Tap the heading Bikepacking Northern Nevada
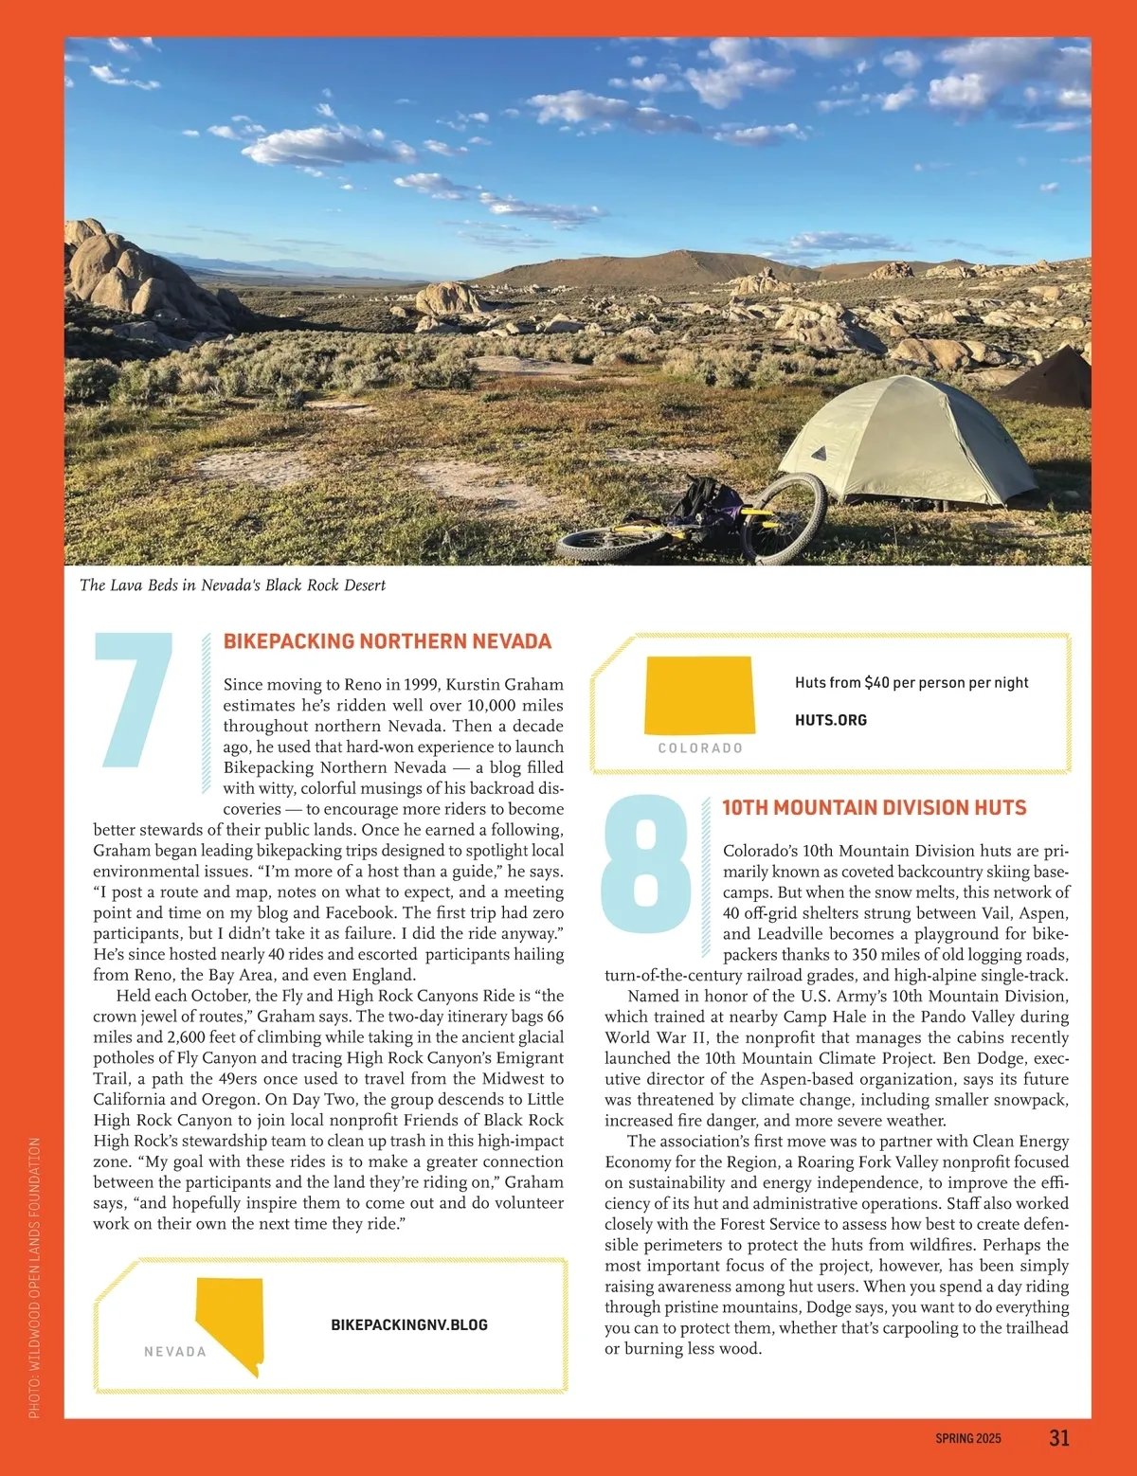[387, 641]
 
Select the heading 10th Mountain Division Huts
[874, 808]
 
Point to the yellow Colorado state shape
[699, 695]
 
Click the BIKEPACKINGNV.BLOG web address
[409, 1324]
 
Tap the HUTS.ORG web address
[830, 720]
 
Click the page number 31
[1059, 1437]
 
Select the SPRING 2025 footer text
[967, 1438]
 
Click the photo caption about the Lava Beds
[233, 585]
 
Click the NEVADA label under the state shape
[174, 1352]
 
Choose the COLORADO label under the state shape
[700, 748]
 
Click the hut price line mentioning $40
[911, 682]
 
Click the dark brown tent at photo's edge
[1052, 379]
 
